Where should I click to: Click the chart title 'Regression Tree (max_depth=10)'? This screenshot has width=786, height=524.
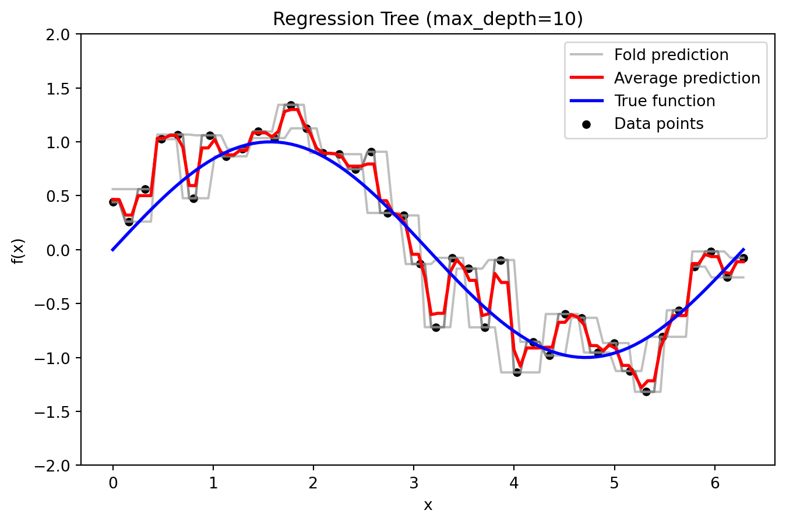(428, 19)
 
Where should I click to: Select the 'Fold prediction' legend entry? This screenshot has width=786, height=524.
(671, 55)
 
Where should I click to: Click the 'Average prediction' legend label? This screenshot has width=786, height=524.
(686, 78)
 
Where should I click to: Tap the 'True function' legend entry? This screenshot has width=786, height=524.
(664, 101)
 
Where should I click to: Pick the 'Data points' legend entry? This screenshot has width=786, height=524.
(658, 124)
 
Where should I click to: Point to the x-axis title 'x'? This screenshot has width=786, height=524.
(428, 505)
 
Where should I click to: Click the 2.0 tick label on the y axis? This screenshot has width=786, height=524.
(59, 34)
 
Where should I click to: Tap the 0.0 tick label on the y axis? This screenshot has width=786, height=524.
(59, 250)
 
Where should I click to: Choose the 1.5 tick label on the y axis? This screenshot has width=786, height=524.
(59, 89)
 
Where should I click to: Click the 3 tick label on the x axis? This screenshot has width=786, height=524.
(414, 483)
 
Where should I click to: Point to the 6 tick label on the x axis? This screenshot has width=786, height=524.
(715, 483)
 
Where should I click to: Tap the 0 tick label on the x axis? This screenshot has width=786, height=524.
(113, 483)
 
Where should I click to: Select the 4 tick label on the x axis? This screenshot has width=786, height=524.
(514, 483)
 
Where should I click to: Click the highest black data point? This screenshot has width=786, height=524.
(291, 106)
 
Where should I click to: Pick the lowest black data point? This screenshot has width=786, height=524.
(646, 392)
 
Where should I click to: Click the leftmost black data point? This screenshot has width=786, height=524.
(114, 202)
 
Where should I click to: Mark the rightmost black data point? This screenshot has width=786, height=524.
(743, 258)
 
